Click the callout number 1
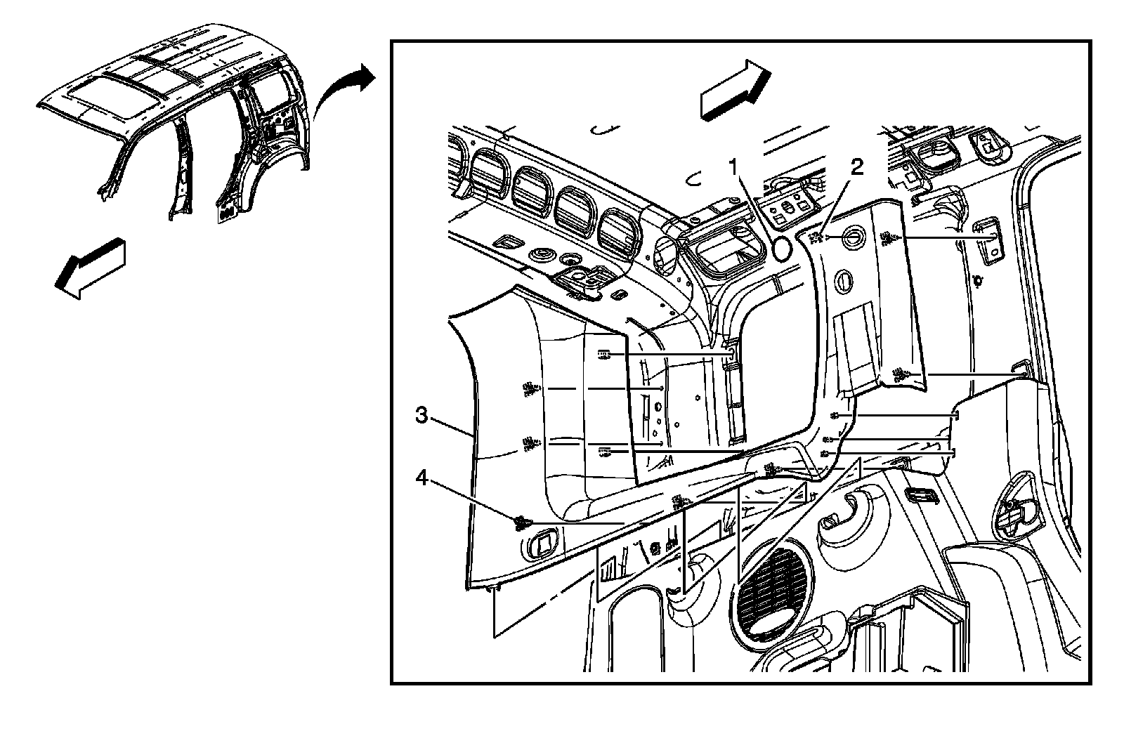[x=733, y=167]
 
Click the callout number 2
[x=856, y=167]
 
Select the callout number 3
[x=421, y=415]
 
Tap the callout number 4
[x=421, y=478]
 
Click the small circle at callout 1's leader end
[x=782, y=247]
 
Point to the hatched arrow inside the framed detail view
[x=735, y=89]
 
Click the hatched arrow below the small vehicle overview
[x=91, y=268]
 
